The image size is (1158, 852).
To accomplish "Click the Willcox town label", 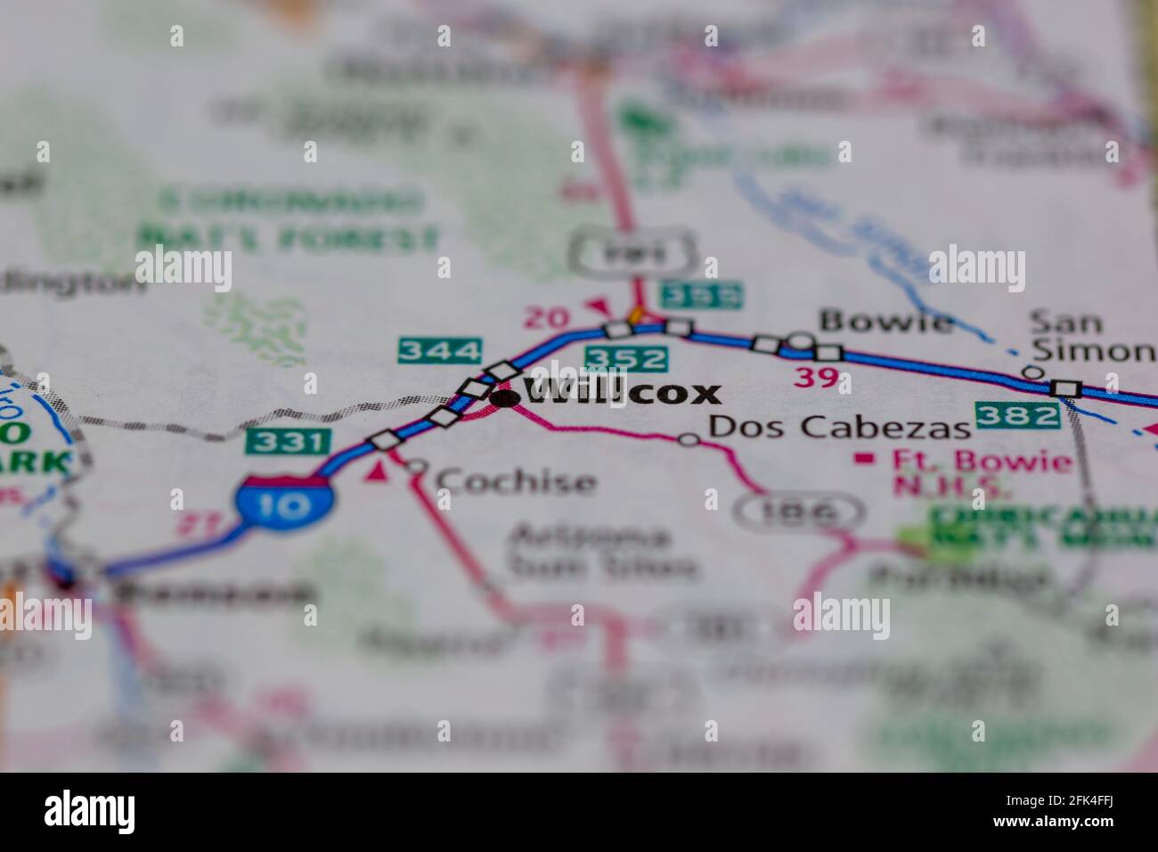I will [622, 392].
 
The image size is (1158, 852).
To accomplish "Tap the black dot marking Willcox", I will [505, 398].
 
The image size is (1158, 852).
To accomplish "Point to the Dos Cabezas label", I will [838, 427].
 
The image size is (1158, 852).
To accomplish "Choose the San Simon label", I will [1091, 336].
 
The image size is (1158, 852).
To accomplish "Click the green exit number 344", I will [440, 350].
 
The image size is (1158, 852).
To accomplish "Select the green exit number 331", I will [289, 440].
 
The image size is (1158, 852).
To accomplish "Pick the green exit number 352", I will [626, 359].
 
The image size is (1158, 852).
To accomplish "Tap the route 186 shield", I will [799, 512].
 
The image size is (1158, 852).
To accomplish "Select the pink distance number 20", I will [546, 316].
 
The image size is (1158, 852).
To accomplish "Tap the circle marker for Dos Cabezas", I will [689, 438].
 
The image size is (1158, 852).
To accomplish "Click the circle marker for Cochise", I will [417, 466].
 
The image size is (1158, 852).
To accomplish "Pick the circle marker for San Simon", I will [1032, 372].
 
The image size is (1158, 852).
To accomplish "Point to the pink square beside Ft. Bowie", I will [861, 459].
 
